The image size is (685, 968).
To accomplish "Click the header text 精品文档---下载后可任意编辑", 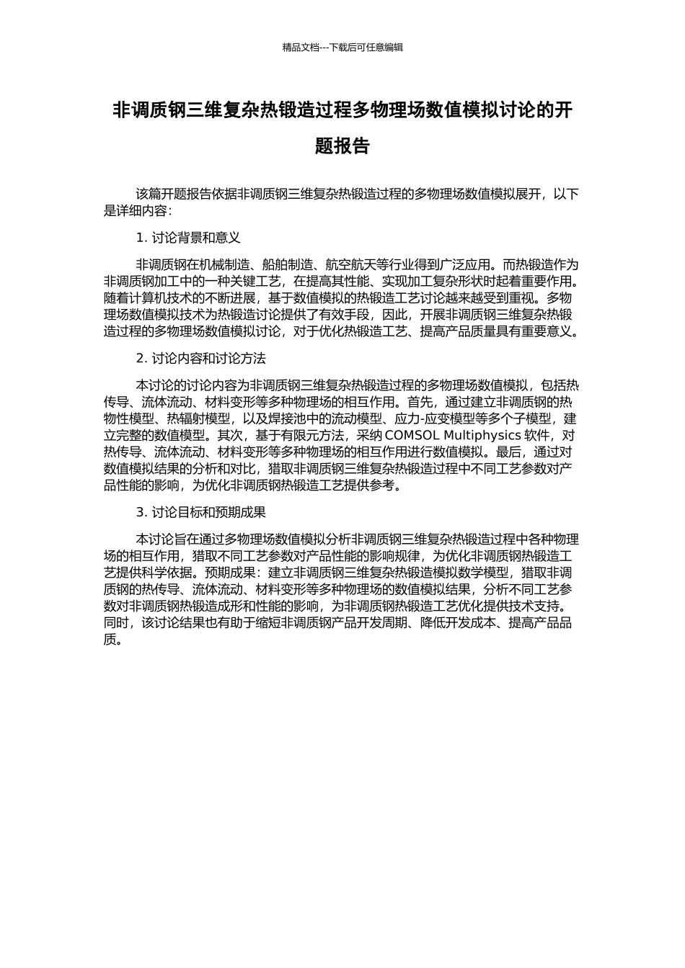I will [342, 48].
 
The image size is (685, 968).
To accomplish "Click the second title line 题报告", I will [342, 146].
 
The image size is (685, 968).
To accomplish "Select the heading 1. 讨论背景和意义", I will [188, 238].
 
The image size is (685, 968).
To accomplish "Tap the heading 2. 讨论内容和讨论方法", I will [201, 358].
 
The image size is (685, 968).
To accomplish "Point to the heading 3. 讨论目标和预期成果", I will [201, 512].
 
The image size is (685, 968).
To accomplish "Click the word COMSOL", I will [412, 435].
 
